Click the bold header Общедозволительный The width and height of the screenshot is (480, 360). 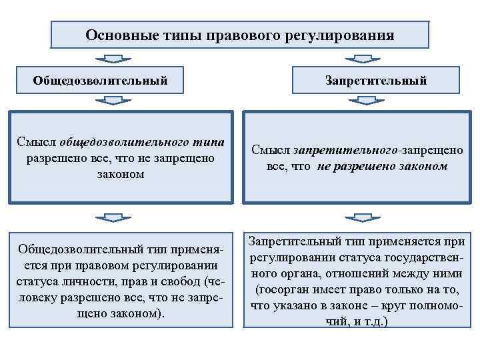(100, 81)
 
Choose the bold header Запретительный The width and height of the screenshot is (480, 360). (376, 81)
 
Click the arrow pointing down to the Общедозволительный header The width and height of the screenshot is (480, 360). (118, 59)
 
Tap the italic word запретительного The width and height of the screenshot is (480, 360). (331, 151)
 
